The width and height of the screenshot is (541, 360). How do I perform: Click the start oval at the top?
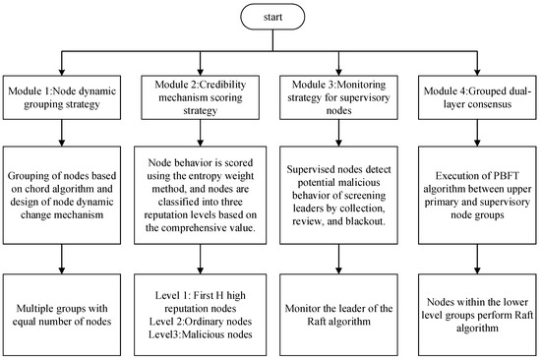(270, 18)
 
